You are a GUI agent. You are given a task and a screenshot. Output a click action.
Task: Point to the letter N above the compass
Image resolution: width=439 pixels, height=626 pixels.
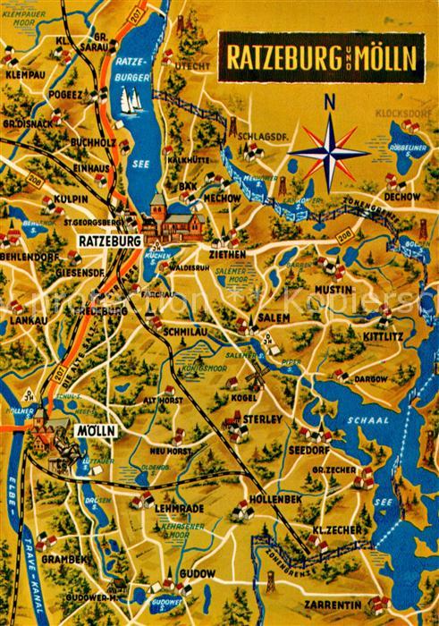[330, 102]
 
